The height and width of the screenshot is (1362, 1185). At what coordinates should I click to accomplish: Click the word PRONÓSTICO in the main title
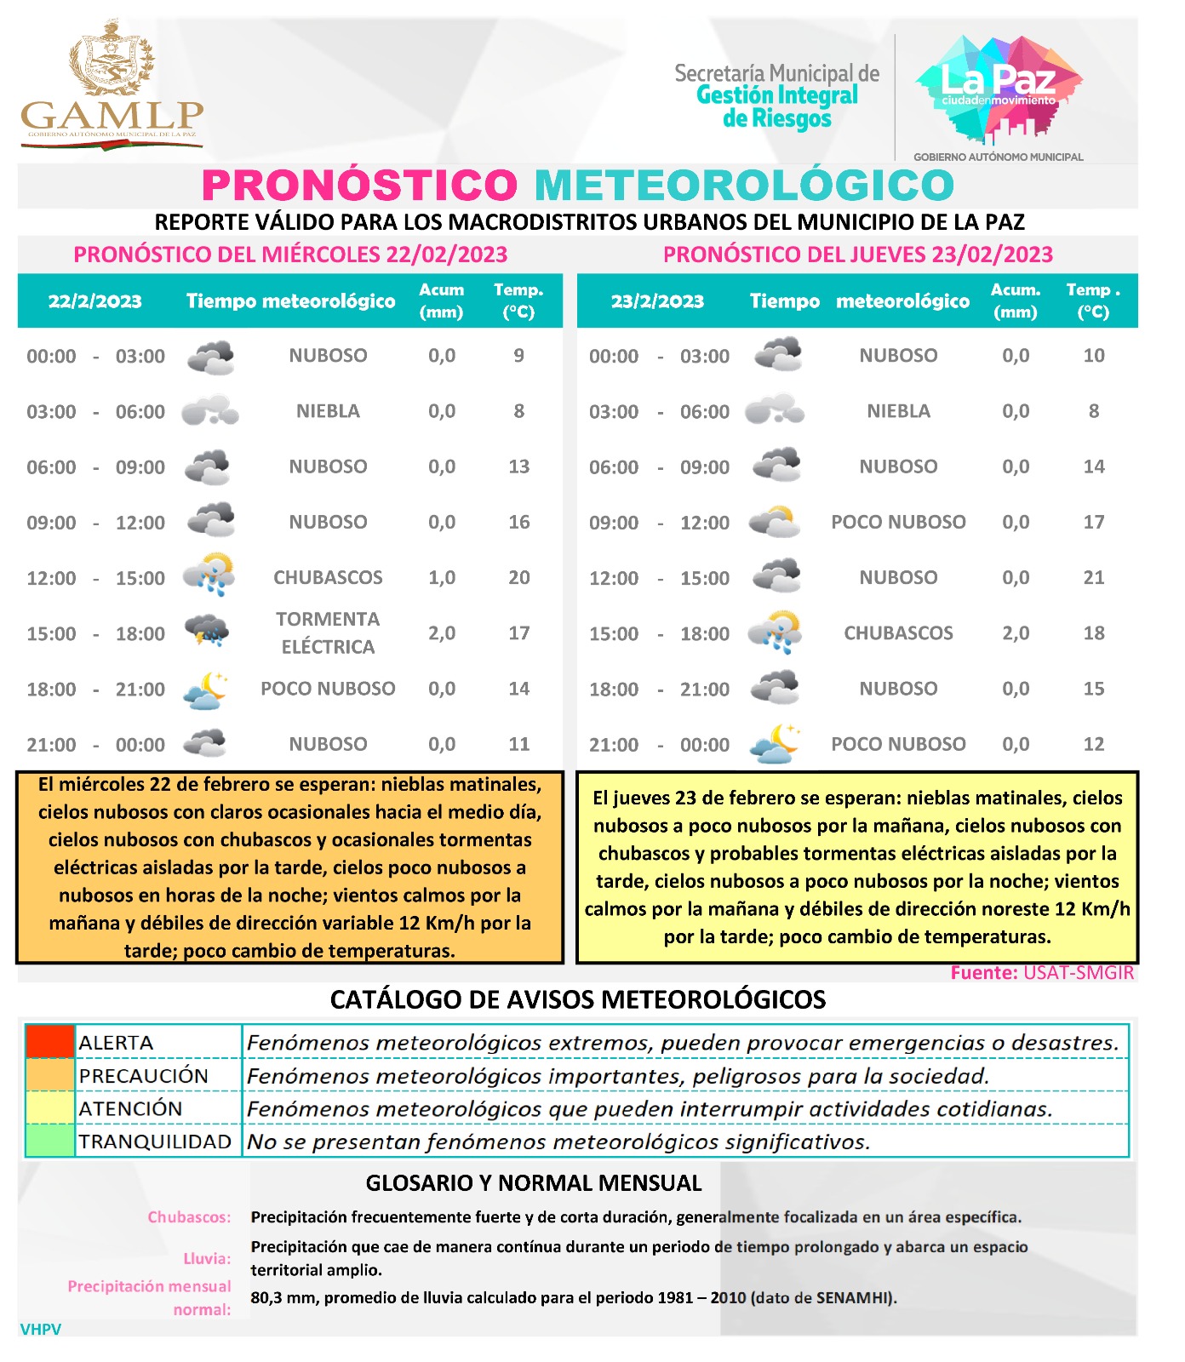[359, 186]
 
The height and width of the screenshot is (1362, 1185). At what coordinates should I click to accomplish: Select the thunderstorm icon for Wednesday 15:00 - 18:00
[207, 632]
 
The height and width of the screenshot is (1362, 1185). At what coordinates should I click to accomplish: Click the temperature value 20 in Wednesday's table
[518, 577]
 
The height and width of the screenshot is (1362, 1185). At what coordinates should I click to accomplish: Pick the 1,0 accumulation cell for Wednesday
[442, 577]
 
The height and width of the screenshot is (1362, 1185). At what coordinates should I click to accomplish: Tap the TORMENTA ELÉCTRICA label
[328, 632]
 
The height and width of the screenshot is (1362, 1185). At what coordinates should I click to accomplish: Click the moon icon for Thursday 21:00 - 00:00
[776, 743]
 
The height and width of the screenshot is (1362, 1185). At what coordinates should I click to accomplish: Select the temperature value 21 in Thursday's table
[1093, 577]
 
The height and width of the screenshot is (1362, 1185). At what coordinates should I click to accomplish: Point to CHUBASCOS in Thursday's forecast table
[898, 632]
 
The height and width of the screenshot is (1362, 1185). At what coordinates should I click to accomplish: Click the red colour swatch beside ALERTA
[50, 1041]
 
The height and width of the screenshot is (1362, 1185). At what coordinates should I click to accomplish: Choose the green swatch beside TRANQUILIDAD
[50, 1141]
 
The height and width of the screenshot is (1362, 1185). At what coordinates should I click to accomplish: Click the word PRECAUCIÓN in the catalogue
[143, 1076]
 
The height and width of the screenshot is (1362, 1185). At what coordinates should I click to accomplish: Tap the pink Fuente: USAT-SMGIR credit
[1041, 972]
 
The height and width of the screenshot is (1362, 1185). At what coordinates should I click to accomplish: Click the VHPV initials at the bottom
[41, 1329]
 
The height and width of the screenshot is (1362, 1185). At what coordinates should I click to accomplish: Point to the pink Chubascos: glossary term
[189, 1216]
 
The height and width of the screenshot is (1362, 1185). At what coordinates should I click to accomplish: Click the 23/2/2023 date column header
[657, 300]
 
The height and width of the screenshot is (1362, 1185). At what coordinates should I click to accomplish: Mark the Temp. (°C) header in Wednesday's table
[518, 300]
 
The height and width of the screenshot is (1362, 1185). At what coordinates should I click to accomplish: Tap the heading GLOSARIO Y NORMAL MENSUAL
[533, 1182]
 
